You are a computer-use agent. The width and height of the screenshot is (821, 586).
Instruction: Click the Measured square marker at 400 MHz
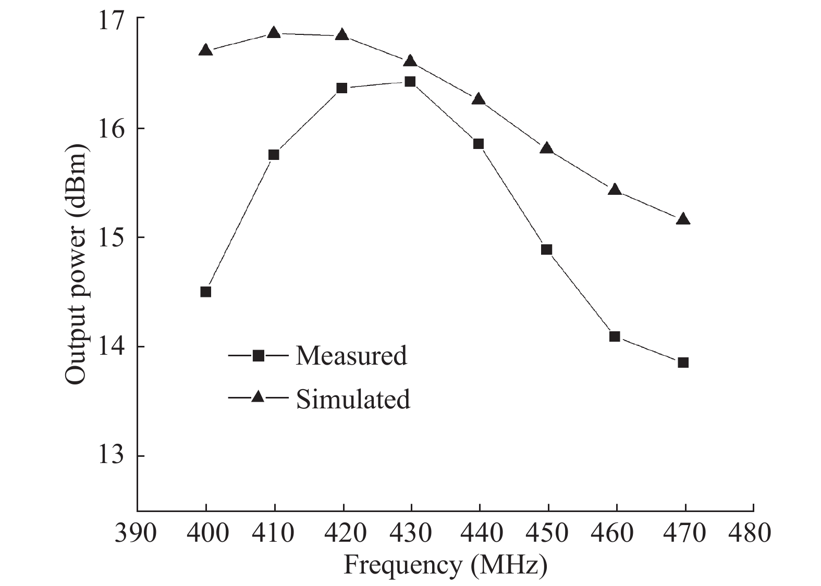(x=206, y=292)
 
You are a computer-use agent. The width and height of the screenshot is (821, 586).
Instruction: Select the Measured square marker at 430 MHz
(x=410, y=82)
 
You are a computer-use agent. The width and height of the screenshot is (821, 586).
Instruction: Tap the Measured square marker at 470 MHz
(x=683, y=363)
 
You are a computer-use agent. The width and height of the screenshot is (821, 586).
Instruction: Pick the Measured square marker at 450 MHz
(x=546, y=250)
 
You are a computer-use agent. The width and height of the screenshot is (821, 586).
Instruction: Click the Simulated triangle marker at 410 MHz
(x=274, y=33)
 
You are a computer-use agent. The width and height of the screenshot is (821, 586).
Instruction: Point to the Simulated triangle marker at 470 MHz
(x=683, y=219)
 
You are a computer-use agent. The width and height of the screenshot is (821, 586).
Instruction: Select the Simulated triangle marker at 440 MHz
(x=479, y=99)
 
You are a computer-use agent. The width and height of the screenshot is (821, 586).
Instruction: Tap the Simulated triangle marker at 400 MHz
(x=206, y=51)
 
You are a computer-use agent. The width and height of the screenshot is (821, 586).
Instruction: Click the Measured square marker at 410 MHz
(x=274, y=155)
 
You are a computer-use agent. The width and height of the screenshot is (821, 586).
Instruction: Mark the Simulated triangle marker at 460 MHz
(x=615, y=190)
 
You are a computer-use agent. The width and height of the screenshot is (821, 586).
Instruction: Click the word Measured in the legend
(x=351, y=356)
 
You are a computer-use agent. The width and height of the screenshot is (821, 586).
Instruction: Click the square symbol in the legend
(x=258, y=356)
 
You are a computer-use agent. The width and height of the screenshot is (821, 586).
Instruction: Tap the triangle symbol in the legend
(x=258, y=397)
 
